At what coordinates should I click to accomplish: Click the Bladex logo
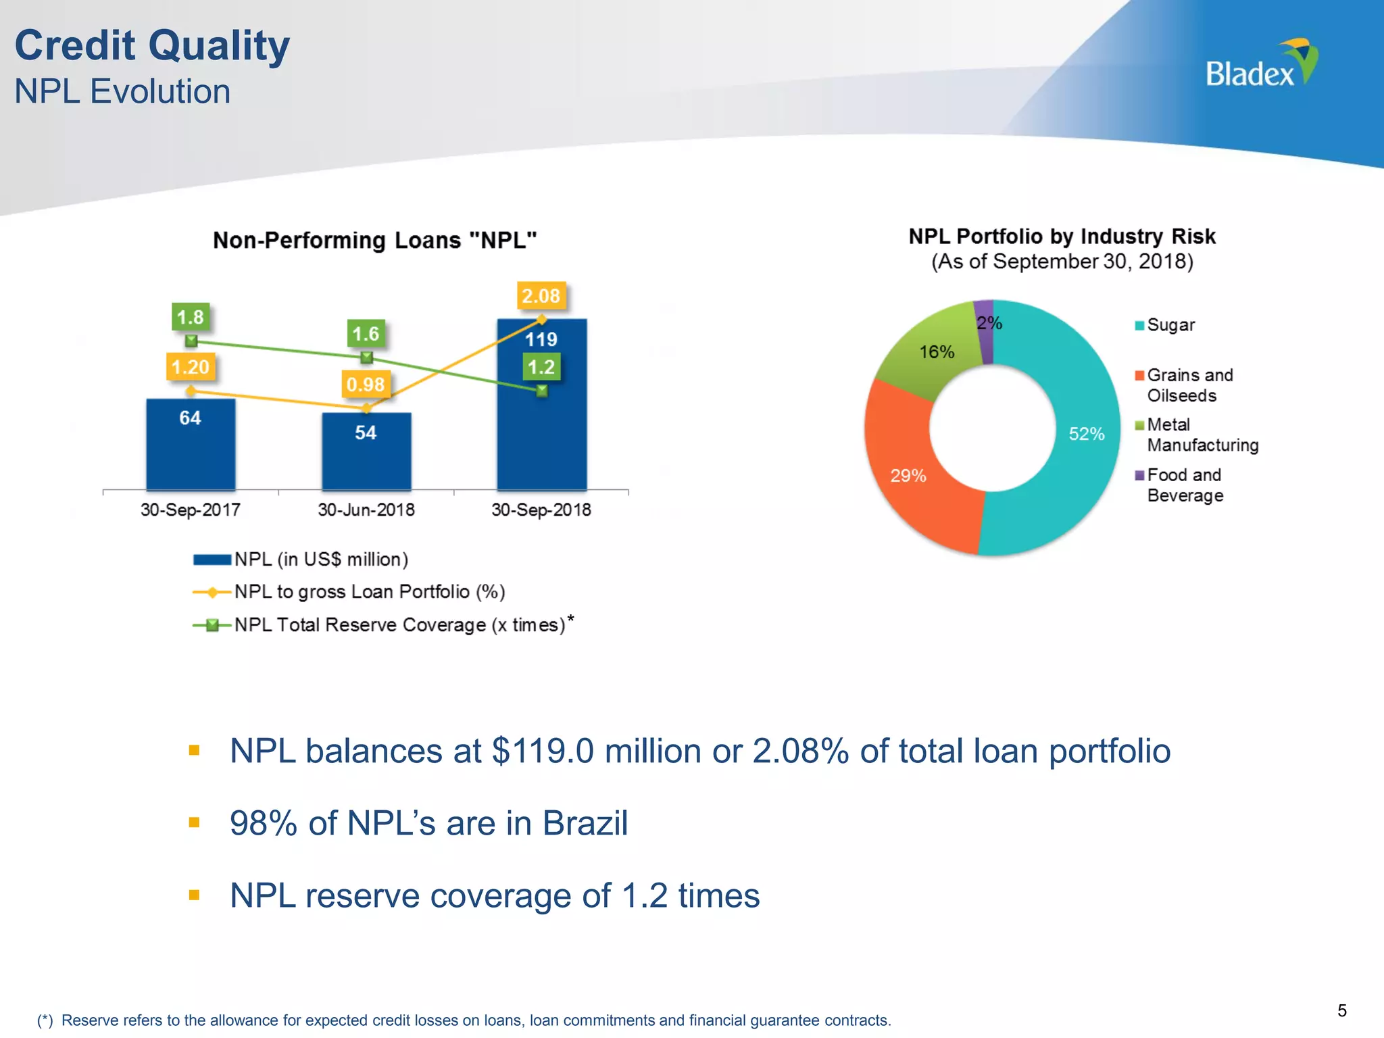[x=1260, y=65]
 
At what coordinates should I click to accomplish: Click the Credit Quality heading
[x=152, y=46]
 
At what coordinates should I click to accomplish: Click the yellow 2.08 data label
[x=541, y=296]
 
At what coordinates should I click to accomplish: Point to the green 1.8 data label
[x=190, y=317]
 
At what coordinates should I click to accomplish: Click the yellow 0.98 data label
[x=365, y=385]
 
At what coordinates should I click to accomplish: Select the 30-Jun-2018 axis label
[x=366, y=510]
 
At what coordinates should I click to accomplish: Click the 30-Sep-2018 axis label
[x=541, y=510]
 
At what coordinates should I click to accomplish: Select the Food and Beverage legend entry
[x=1185, y=485]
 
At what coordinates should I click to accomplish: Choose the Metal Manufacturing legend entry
[x=1202, y=435]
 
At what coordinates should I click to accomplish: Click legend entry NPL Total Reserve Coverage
[x=399, y=624]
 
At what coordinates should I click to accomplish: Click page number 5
[x=1341, y=1010]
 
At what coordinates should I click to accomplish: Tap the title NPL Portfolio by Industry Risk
[x=1062, y=237]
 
